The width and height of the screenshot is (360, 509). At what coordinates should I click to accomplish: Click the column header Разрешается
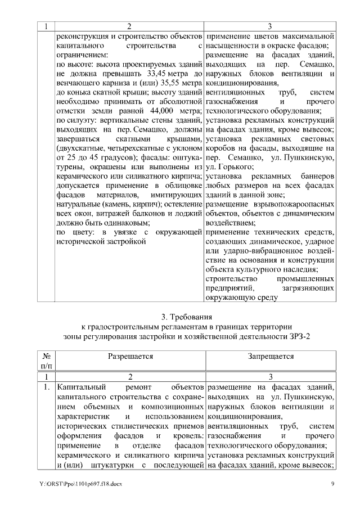pyautogui.click(x=130, y=357)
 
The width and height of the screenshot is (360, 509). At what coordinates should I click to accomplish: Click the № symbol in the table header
pyautogui.click(x=45, y=357)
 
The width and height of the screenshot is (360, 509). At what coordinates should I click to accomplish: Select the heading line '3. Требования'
pyautogui.click(x=179, y=316)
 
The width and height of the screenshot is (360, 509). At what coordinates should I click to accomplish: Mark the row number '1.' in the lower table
pyautogui.click(x=46, y=388)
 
